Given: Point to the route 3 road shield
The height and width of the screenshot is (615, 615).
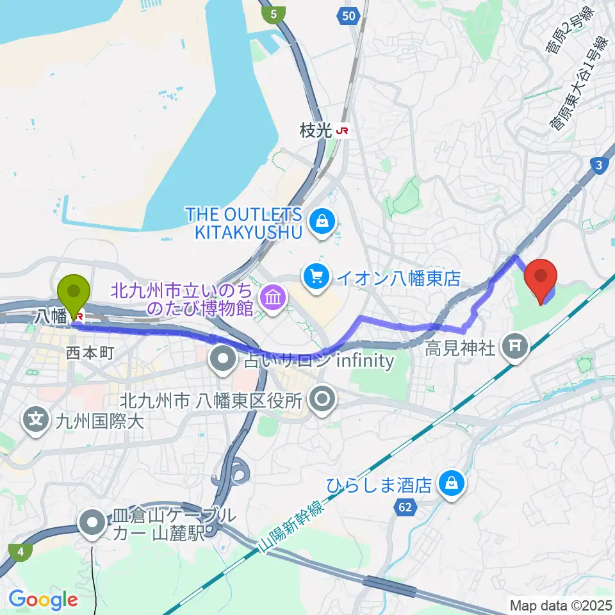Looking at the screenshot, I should click(x=599, y=165).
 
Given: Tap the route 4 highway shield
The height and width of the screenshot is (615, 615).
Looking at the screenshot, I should click(x=22, y=550).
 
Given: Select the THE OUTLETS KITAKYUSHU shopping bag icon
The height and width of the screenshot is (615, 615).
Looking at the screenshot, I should click(x=318, y=222).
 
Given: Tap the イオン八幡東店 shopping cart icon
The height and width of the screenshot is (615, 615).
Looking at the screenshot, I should click(x=317, y=277).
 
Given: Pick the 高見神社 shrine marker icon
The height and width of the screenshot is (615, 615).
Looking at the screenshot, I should click(x=514, y=348).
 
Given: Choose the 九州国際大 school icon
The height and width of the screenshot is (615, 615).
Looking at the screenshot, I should click(x=37, y=421).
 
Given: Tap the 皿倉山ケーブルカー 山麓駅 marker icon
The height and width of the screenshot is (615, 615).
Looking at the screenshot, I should click(x=94, y=522).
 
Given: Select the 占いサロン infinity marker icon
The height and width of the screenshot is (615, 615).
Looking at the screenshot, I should click(x=224, y=360).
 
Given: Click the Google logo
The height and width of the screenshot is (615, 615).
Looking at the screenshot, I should click(x=43, y=600).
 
